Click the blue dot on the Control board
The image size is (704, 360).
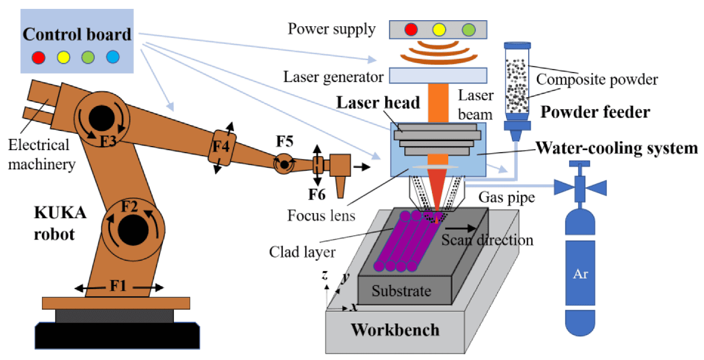(113, 58)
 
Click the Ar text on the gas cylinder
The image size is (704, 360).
(581, 274)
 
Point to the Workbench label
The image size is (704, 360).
(395, 329)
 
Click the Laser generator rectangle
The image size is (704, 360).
(438, 76)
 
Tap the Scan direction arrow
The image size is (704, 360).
(462, 229)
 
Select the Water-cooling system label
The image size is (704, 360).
(617, 148)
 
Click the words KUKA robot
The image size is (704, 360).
(54, 224)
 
